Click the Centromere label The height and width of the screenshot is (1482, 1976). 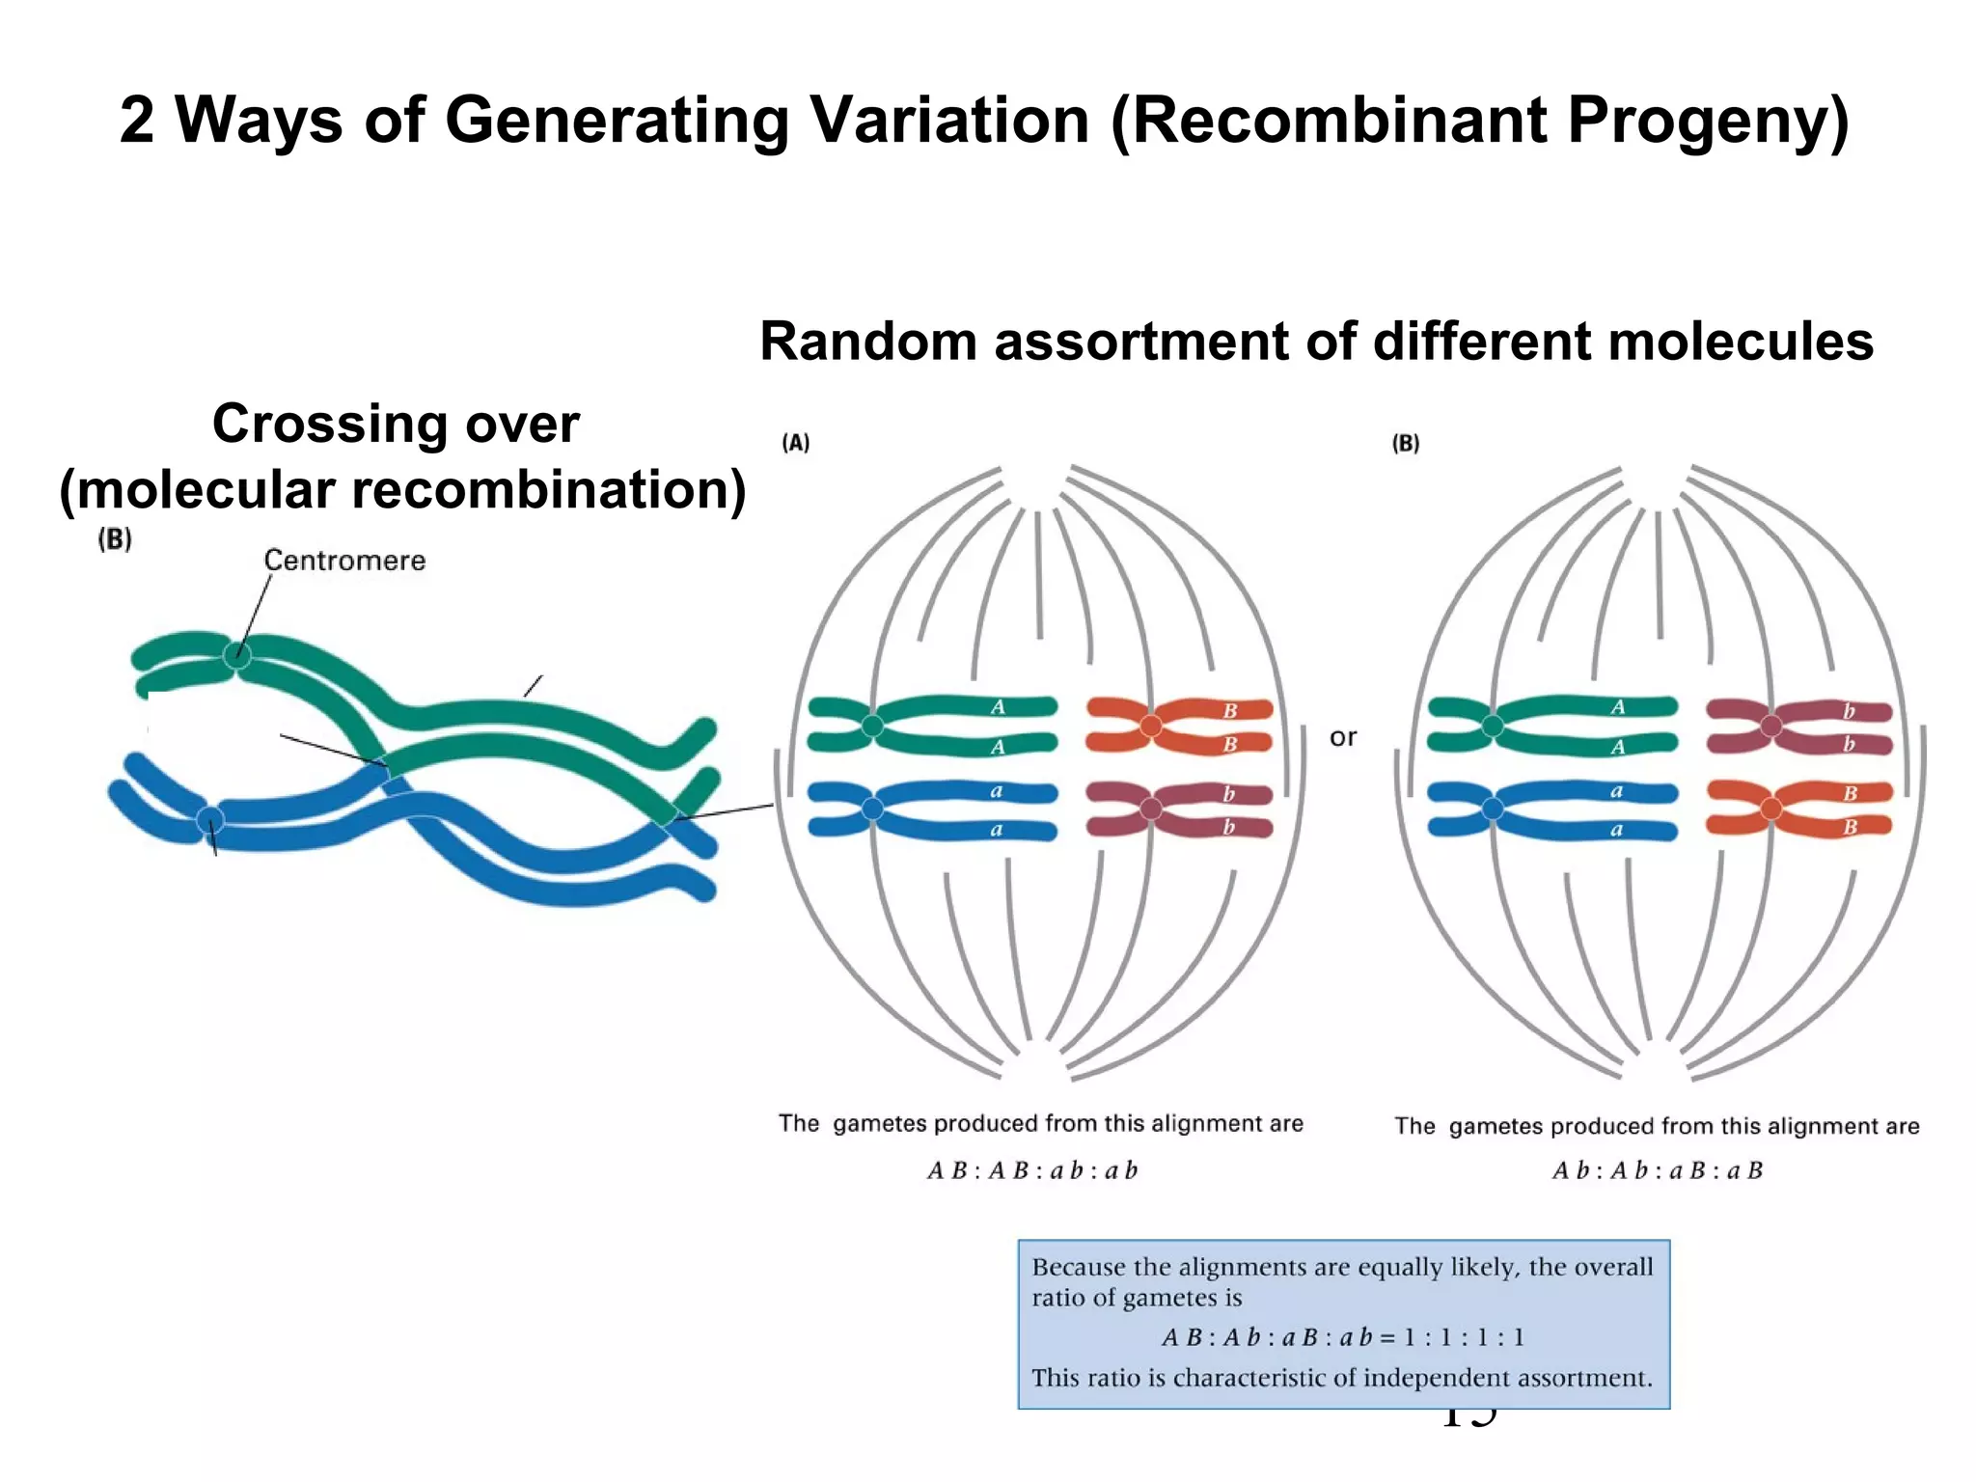click(x=344, y=561)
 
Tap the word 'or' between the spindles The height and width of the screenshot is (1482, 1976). click(x=1342, y=737)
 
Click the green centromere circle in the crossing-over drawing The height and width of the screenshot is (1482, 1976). click(x=236, y=656)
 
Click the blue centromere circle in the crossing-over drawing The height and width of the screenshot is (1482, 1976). click(x=210, y=821)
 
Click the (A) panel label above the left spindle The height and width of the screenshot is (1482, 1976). click(x=795, y=443)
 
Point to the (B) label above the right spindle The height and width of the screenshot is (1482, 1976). click(x=1406, y=443)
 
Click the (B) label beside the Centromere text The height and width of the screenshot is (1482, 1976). click(x=115, y=539)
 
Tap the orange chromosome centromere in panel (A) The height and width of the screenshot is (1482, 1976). click(x=1151, y=726)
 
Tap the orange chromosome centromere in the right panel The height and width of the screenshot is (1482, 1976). click(x=1771, y=809)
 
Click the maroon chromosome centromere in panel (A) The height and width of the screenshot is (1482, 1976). click(x=1151, y=809)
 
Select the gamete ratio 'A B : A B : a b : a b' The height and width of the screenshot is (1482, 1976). click(x=1032, y=1171)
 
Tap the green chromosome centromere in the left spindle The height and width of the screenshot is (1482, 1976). click(x=872, y=726)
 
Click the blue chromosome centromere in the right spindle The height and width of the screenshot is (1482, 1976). click(x=1493, y=809)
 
